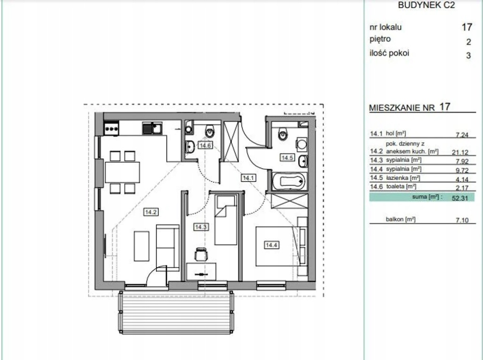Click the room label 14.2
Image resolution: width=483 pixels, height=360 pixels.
click(151, 212)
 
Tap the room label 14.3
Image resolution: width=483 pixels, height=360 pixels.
click(200, 227)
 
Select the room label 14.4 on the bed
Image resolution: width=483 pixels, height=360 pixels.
click(272, 245)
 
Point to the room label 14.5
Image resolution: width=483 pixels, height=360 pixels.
click(287, 157)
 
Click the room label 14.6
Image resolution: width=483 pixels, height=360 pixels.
click(205, 145)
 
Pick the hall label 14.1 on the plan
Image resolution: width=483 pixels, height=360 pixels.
click(248, 178)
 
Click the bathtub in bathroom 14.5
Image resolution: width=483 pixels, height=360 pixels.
click(289, 181)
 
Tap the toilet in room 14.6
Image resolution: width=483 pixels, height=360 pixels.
click(210, 131)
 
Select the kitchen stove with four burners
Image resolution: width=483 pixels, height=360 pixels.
click(111, 128)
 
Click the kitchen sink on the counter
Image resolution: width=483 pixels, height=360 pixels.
click(152, 128)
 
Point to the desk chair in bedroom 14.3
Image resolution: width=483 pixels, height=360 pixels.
click(201, 254)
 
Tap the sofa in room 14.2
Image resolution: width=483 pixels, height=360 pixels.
click(167, 248)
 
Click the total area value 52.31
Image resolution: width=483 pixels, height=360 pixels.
click(460, 198)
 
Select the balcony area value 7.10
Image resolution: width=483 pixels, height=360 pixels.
click(462, 220)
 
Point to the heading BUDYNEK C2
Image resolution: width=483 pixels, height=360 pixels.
click(426, 5)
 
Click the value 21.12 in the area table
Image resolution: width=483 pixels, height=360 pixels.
click(460, 152)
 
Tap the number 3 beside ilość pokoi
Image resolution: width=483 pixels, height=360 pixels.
click(468, 56)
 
